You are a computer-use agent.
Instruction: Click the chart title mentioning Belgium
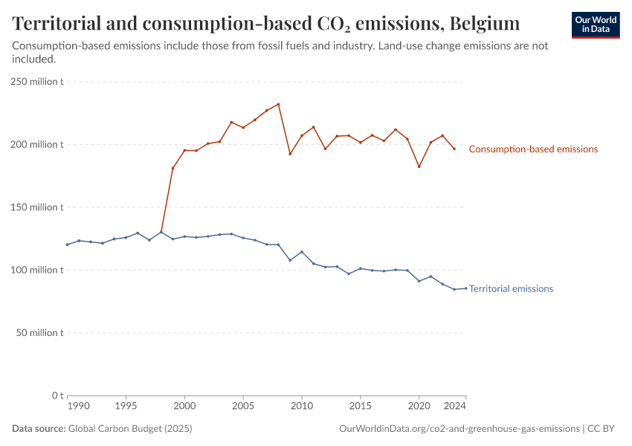click(266, 24)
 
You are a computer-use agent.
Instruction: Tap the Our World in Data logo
click(596, 25)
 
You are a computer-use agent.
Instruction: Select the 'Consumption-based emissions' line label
click(533, 149)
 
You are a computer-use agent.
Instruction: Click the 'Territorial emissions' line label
click(511, 288)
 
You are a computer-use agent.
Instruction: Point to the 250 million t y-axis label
click(37, 82)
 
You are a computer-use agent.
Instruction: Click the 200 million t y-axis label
click(37, 144)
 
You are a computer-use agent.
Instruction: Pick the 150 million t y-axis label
click(37, 207)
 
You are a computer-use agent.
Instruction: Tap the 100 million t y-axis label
click(37, 270)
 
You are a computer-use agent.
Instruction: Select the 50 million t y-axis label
click(39, 332)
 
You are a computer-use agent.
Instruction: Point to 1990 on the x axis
click(78, 407)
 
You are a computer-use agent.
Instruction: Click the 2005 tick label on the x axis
click(243, 407)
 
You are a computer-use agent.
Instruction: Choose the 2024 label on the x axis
click(454, 407)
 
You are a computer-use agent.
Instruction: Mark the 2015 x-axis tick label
click(361, 407)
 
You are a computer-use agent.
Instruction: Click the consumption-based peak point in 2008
click(278, 104)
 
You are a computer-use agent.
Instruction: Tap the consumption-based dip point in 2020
click(419, 167)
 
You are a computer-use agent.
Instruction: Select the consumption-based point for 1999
click(172, 168)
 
